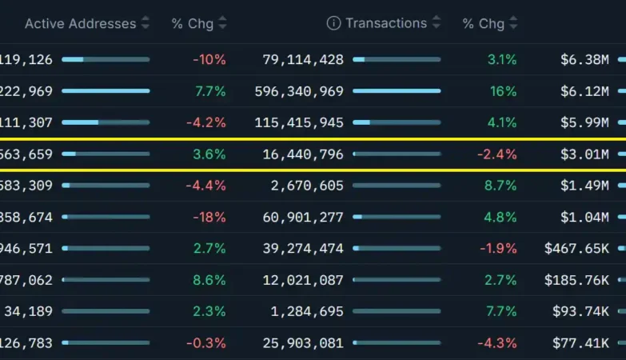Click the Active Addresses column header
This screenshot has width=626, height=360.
coord(80,23)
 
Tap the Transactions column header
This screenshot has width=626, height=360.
coord(386,23)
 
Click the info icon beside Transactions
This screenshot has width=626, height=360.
coord(333,23)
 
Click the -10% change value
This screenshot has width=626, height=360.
coord(209,59)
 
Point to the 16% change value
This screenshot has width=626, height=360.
coord(503,91)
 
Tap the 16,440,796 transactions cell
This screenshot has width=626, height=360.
coord(303,154)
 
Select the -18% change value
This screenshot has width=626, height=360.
coord(209,217)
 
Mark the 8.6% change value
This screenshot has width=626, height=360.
coord(210,280)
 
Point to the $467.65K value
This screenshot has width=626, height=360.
coord(576,249)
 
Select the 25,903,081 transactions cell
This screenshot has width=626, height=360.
coord(303,343)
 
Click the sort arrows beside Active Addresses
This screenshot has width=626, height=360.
coord(145,23)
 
